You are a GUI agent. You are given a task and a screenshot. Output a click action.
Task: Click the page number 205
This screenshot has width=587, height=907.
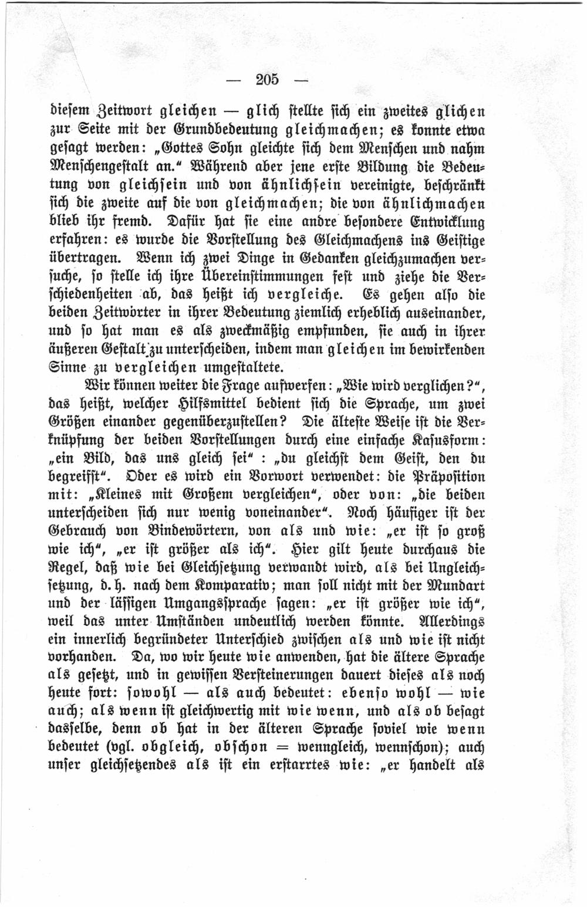click(269, 79)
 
